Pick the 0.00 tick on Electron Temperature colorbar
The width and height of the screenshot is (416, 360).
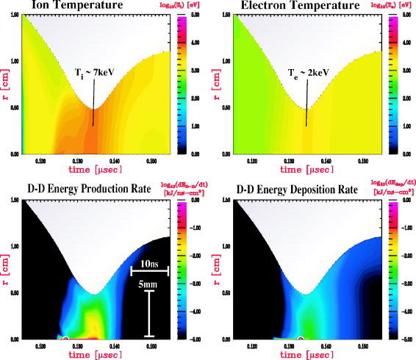point(406,155)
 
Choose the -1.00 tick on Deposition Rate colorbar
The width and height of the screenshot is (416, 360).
point(406,228)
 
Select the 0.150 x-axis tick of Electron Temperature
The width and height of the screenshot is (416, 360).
point(363,160)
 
